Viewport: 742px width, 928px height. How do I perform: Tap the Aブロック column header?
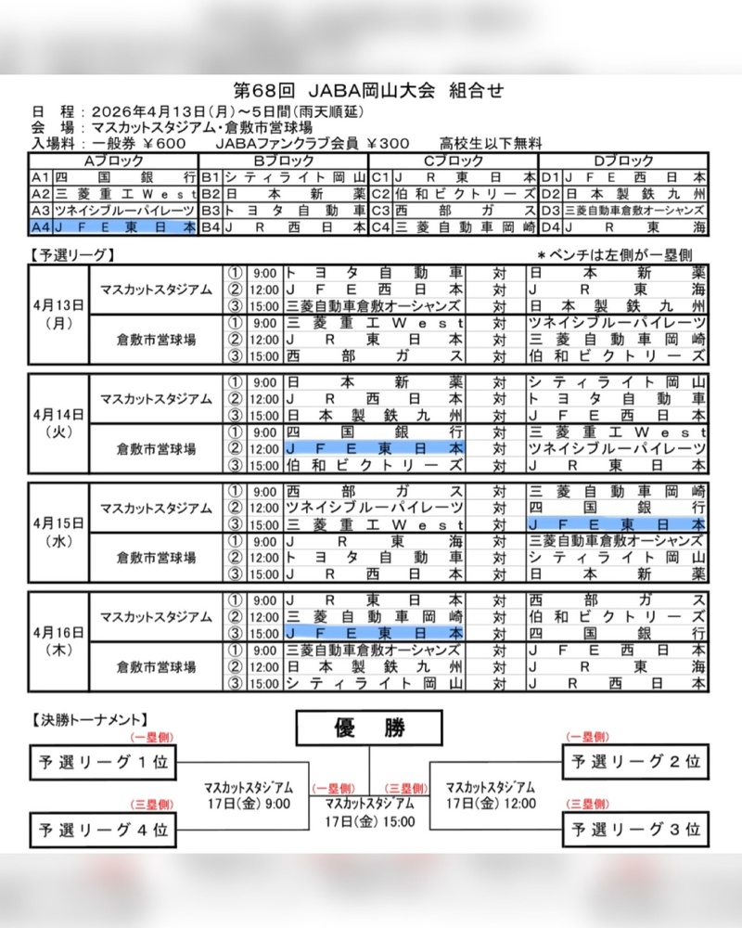point(113,161)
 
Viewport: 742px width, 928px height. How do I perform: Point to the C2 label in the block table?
point(380,193)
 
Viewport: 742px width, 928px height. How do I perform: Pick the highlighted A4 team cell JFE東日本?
point(124,226)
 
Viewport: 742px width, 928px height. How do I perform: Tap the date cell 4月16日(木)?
point(58,640)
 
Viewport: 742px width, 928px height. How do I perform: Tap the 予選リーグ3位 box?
point(634,827)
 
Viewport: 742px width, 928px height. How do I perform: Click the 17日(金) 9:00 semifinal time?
point(248,804)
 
